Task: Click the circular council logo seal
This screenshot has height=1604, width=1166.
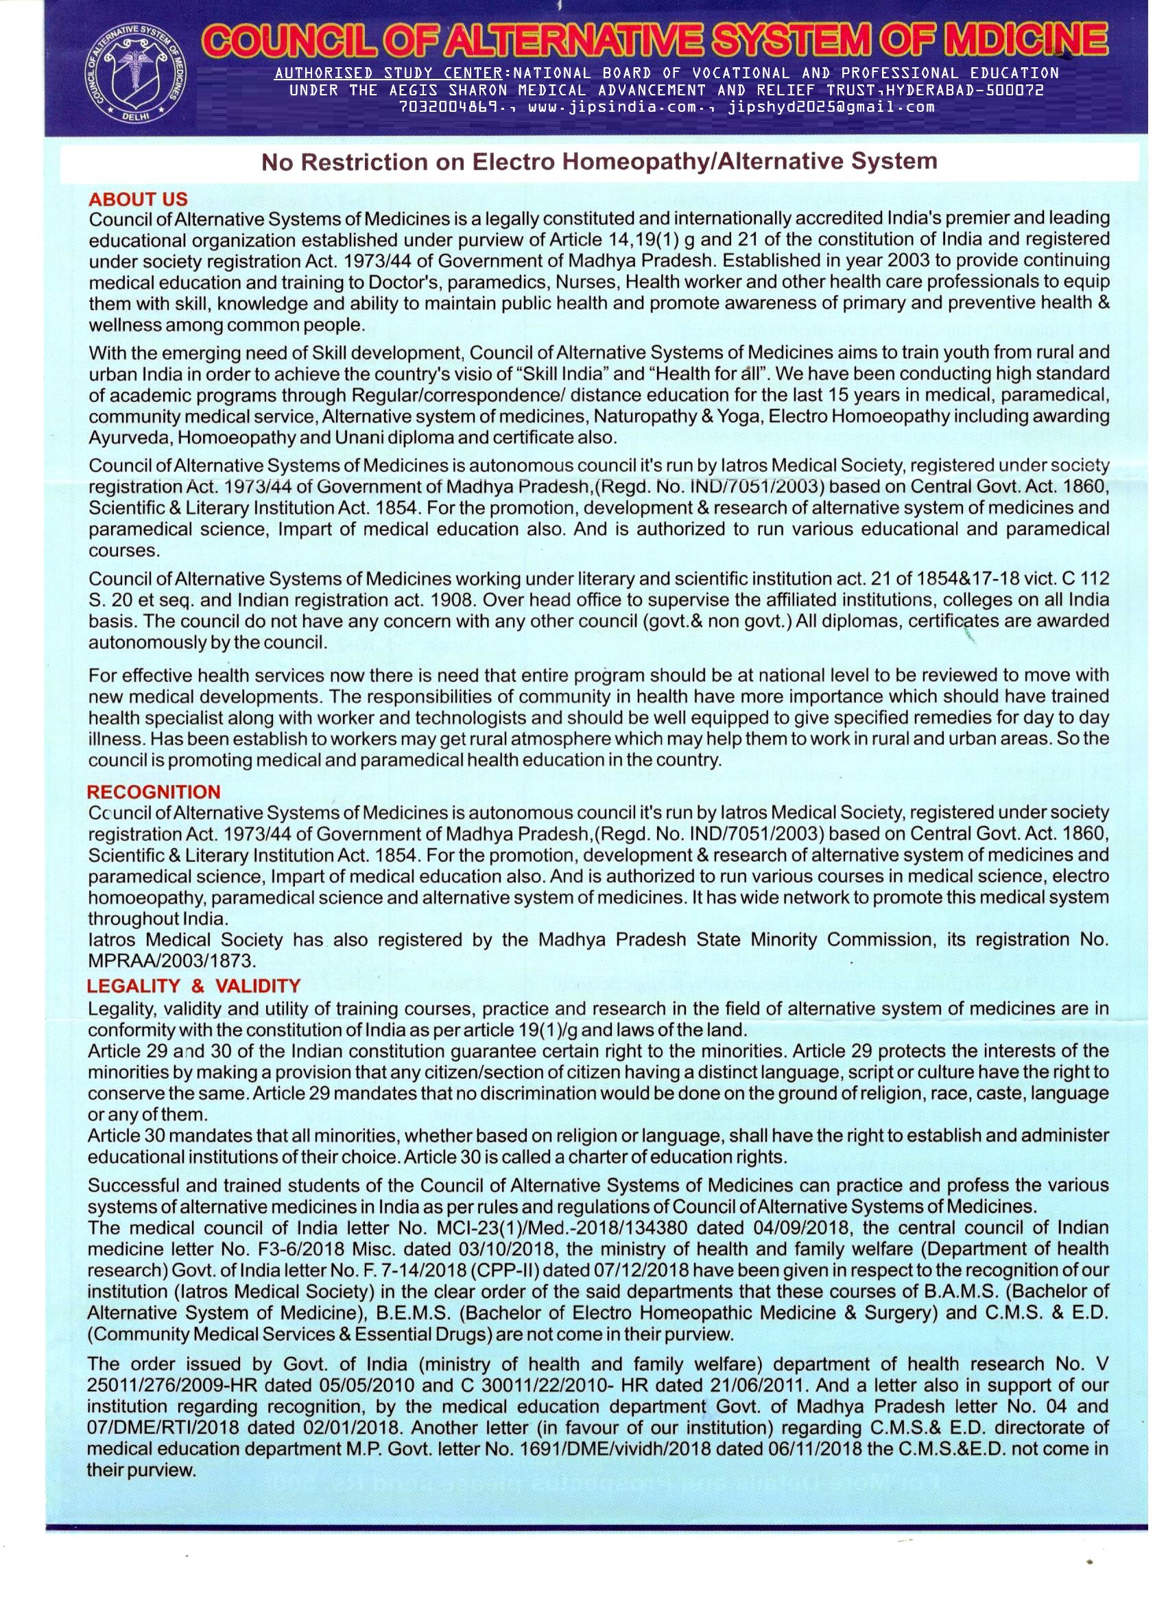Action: click(135, 76)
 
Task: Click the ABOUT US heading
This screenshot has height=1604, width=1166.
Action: click(138, 200)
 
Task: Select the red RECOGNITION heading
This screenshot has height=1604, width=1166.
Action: click(154, 792)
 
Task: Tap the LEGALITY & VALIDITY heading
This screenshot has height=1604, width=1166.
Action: click(193, 985)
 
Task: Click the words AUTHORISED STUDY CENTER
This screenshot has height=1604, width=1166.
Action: click(389, 73)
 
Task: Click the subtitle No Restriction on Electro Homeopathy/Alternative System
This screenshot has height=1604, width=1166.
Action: click(599, 162)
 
